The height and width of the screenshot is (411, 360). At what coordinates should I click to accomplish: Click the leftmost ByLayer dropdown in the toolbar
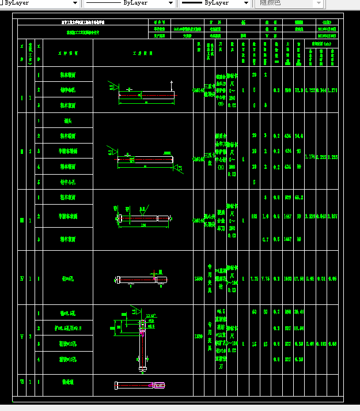[x=40, y=3]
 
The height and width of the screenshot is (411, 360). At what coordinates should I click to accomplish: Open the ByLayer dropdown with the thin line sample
[x=130, y=3]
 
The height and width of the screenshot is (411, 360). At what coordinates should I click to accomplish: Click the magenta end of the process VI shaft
[x=160, y=385]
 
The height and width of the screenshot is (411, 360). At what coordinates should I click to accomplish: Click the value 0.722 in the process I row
[x=310, y=90]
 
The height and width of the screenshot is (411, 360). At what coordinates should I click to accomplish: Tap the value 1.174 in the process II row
[x=310, y=157]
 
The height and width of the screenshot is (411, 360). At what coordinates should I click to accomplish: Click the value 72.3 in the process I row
[x=299, y=90]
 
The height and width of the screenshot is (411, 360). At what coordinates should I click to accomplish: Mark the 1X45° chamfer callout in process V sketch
[x=151, y=315]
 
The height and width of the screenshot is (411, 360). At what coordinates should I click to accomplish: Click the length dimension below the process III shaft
[x=142, y=226]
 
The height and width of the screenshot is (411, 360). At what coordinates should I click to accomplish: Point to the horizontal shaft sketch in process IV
[x=141, y=280]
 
